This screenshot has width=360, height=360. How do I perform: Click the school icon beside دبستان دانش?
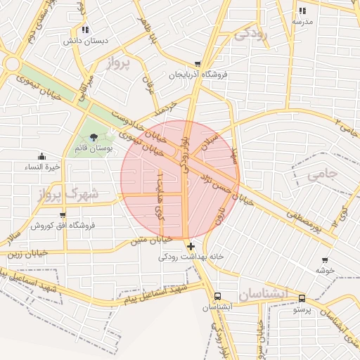click(85, 30)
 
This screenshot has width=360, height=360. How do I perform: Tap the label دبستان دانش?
click(85, 41)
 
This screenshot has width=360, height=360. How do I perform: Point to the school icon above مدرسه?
click(302, 11)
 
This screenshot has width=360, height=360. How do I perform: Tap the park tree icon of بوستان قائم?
click(94, 137)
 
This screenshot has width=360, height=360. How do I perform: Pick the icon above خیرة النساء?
click(41, 156)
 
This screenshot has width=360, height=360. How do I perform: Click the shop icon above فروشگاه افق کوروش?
click(63, 215)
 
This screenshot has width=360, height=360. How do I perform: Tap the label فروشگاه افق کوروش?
click(63, 226)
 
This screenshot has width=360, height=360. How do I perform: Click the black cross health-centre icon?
click(191, 245)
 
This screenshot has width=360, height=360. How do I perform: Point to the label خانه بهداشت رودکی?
click(191, 257)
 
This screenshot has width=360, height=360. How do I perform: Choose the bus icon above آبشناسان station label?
click(217, 297)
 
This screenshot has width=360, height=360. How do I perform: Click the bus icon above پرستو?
click(302, 298)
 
